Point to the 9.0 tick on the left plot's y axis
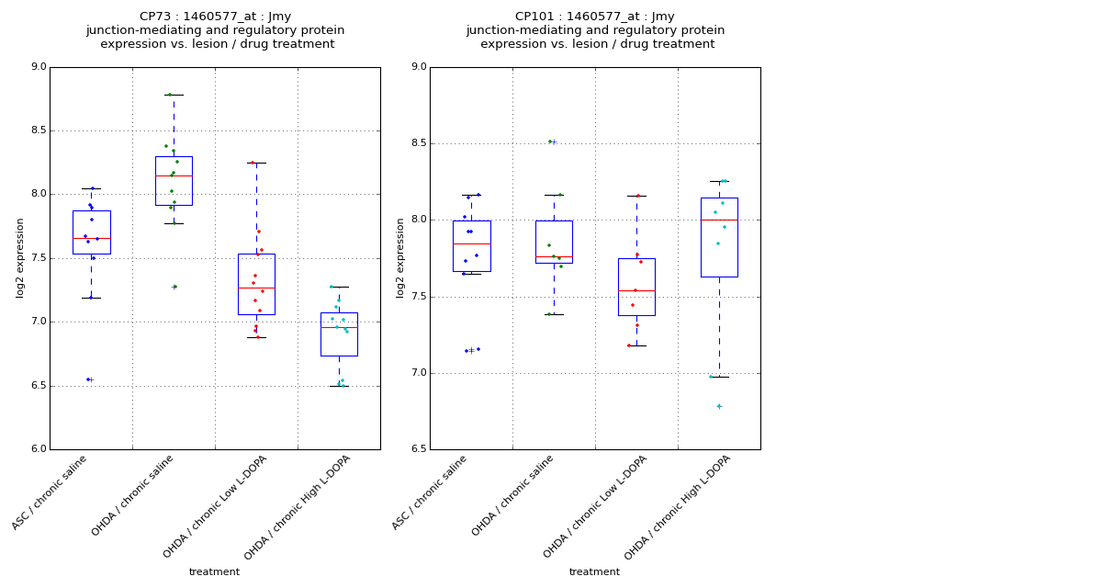tap(38, 67)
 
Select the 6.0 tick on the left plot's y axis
tap(38, 449)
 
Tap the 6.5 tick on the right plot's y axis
tap(418, 449)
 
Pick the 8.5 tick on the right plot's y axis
tap(418, 143)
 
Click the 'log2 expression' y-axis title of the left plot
tap(20, 258)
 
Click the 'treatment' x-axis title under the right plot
tap(594, 572)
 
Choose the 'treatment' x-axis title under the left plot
tap(214, 572)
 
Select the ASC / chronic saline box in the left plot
tap(91, 232)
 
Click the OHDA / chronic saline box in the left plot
tap(174, 181)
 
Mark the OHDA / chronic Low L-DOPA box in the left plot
tap(256, 284)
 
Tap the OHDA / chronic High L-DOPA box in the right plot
tap(719, 237)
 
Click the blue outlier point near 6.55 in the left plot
tap(88, 379)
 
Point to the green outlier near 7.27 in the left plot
tap(174, 287)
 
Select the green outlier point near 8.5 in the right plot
tap(550, 141)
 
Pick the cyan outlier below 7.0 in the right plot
tap(718, 406)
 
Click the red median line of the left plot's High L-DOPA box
tap(339, 327)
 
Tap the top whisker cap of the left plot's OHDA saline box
tap(174, 95)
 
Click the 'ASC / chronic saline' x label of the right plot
tap(431, 493)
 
